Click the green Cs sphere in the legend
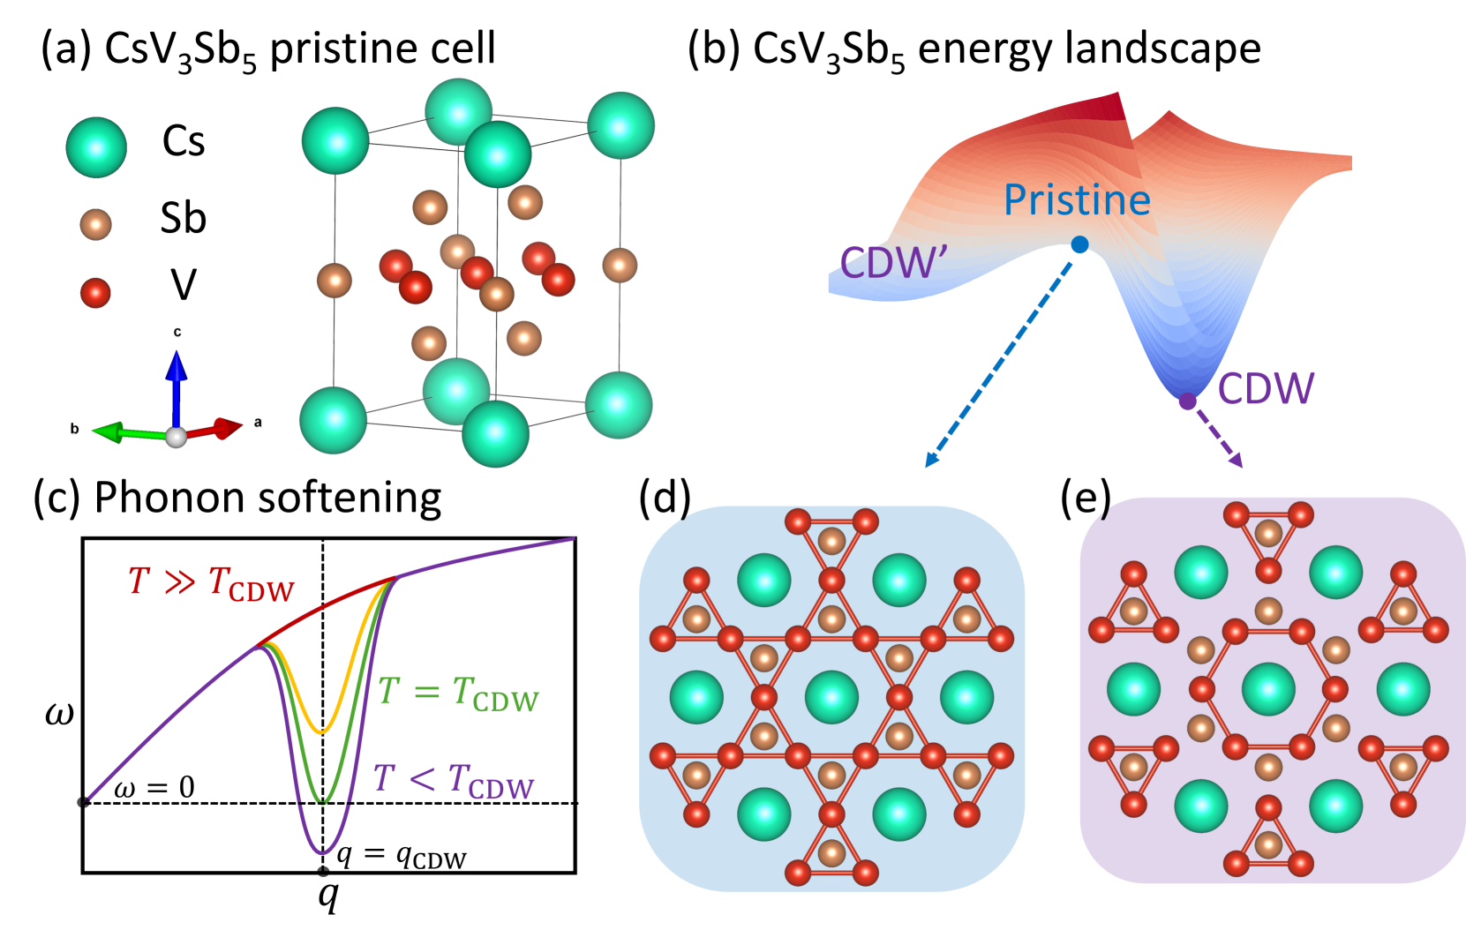[96, 147]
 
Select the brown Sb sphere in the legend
[95, 224]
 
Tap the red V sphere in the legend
[95, 292]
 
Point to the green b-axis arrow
[124, 432]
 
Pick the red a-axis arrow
[216, 429]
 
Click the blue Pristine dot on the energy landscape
[1079, 244]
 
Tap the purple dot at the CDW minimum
[1188, 401]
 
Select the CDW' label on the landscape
[893, 262]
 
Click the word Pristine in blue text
[1077, 200]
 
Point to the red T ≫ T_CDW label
[211, 583]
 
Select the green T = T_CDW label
[457, 694]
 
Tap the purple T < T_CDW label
[454, 780]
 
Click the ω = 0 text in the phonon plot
[154, 787]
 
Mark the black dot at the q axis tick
[323, 873]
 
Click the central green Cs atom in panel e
[1268, 688]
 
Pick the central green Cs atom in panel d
[831, 697]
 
